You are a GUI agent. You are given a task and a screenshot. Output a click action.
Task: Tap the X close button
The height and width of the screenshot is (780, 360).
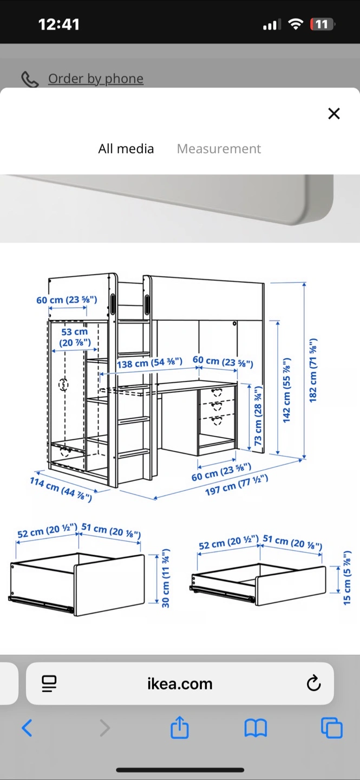(334, 114)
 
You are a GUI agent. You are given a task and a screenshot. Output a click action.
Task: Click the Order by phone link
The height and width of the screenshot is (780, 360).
(96, 79)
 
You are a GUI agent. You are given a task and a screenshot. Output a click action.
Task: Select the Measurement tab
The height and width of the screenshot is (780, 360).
(219, 148)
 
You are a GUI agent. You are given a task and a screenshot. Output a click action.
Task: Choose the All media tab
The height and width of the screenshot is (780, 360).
(126, 148)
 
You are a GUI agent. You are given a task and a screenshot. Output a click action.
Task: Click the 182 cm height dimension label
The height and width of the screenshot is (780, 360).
(313, 370)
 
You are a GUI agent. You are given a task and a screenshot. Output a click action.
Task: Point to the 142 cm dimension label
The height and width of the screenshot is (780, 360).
(286, 389)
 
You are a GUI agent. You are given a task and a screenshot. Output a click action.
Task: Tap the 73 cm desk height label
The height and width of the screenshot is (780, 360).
(258, 415)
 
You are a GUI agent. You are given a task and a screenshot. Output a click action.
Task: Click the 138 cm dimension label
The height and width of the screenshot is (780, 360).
(150, 363)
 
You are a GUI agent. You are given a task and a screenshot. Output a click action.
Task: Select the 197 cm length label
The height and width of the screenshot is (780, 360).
(237, 485)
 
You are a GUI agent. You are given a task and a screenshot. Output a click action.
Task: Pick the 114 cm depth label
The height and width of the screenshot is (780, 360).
(61, 489)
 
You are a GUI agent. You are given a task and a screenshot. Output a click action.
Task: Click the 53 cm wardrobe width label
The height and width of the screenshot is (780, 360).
(75, 337)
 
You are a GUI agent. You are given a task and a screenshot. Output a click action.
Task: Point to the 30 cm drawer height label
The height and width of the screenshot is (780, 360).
(166, 578)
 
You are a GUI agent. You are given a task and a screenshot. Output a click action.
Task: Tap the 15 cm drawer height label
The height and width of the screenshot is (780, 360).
(347, 577)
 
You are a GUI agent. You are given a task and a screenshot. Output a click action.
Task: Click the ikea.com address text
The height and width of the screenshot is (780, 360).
(180, 684)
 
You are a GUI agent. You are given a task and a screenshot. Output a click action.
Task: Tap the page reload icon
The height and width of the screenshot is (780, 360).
(313, 683)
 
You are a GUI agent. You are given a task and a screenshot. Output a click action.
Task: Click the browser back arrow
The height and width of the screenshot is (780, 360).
(27, 728)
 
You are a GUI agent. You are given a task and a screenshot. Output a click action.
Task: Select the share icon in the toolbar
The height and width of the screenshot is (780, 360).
(180, 727)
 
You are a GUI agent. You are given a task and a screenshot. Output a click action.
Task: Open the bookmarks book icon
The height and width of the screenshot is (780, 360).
(256, 728)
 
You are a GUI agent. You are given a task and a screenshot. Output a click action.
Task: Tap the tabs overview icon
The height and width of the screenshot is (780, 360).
(331, 728)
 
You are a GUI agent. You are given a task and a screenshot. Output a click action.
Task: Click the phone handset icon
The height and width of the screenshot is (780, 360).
(30, 80)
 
